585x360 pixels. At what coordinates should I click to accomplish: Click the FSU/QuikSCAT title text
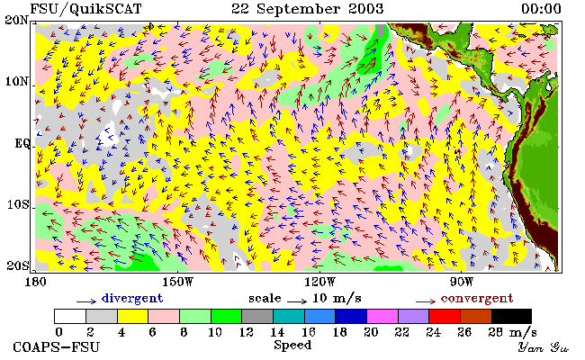pos(85,9)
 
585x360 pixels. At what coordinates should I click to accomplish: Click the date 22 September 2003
pos(307,9)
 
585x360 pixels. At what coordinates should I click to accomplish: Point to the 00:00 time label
pos(541,9)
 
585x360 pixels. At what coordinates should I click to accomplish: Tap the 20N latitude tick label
pos(17,20)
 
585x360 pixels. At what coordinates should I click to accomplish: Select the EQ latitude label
pos(22,143)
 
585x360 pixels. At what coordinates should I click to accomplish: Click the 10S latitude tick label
pos(17,204)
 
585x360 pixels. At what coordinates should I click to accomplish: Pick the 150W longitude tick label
pos(178,282)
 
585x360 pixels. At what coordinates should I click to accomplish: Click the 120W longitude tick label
pos(319,282)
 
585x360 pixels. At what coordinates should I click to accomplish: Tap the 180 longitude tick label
pos(35,282)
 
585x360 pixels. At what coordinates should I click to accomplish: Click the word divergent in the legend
pos(132,298)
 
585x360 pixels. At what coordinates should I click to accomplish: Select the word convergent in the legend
pos(477,298)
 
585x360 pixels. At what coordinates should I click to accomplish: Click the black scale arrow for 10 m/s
pos(297,301)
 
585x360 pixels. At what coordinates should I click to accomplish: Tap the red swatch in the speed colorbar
pos(445,316)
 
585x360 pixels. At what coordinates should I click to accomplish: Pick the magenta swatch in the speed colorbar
pos(382,316)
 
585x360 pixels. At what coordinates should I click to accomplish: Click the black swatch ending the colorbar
pos(511,316)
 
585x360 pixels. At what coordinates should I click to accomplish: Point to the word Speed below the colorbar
pos(292,345)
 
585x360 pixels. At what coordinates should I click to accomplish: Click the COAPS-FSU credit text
pos(57,347)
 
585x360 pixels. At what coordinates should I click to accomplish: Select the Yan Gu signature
pos(543,348)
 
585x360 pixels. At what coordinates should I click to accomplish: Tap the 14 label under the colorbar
pos(277,332)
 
